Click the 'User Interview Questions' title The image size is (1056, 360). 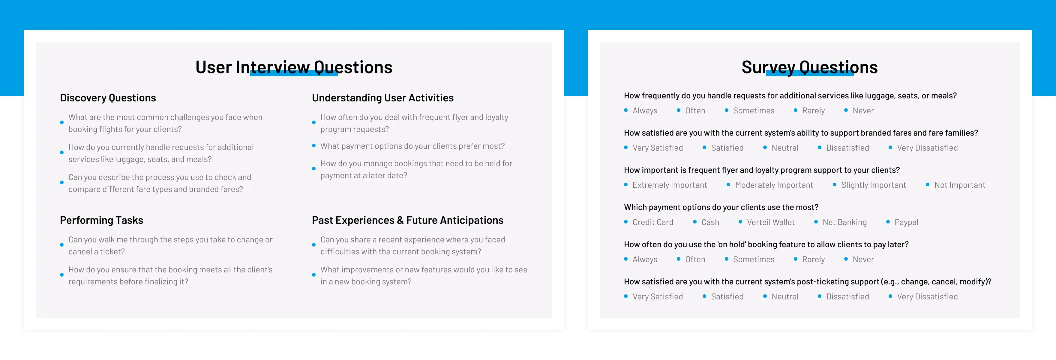[x=294, y=67]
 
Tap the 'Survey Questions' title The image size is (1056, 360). [x=810, y=67]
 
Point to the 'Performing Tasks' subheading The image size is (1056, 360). [x=102, y=220]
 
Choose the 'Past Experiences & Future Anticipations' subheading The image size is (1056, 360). [x=407, y=220]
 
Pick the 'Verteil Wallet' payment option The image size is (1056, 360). [x=771, y=222]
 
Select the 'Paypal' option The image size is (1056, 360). [x=906, y=222]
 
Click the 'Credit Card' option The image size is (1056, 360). [x=652, y=222]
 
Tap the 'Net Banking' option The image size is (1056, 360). [x=844, y=222]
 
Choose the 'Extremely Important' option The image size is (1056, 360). [x=669, y=185]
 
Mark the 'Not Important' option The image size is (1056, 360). [x=960, y=185]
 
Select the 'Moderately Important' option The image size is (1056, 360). [x=774, y=185]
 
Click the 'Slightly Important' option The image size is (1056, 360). [x=874, y=185]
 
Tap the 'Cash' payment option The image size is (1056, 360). [x=710, y=222]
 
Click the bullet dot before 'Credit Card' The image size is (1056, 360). [x=626, y=222]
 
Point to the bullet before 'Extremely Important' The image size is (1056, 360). [x=626, y=184]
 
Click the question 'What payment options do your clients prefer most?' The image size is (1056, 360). [x=412, y=146]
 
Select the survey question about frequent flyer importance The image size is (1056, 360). [x=762, y=170]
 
